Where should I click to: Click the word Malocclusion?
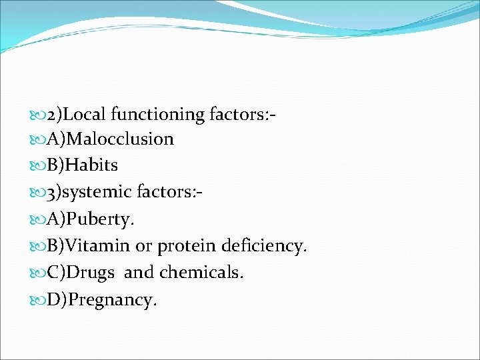[120, 139]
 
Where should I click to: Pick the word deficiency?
[266, 247]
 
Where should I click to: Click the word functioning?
[158, 115]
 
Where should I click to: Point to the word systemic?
[100, 193]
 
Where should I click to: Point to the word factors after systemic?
[166, 193]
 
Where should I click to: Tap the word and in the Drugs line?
[138, 273]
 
